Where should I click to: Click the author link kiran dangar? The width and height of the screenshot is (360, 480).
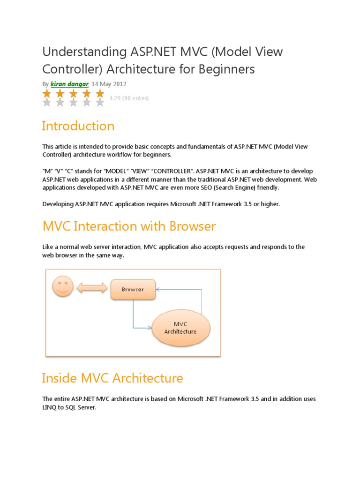(x=70, y=84)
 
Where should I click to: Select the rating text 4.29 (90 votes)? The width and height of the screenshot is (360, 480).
(x=128, y=98)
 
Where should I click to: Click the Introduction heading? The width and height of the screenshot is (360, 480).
(x=78, y=126)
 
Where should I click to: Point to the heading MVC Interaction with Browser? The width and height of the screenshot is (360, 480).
(x=129, y=226)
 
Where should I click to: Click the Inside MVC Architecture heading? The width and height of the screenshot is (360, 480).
(x=112, y=378)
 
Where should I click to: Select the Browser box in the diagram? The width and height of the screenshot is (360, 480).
(x=133, y=289)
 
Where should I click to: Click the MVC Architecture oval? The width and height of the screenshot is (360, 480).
(x=180, y=328)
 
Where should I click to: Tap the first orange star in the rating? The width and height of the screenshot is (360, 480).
(x=46, y=94)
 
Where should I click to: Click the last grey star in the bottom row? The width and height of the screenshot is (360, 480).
(x=100, y=103)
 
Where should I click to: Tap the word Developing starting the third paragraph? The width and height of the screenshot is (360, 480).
(x=58, y=204)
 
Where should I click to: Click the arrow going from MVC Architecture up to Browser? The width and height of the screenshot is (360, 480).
(x=201, y=300)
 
